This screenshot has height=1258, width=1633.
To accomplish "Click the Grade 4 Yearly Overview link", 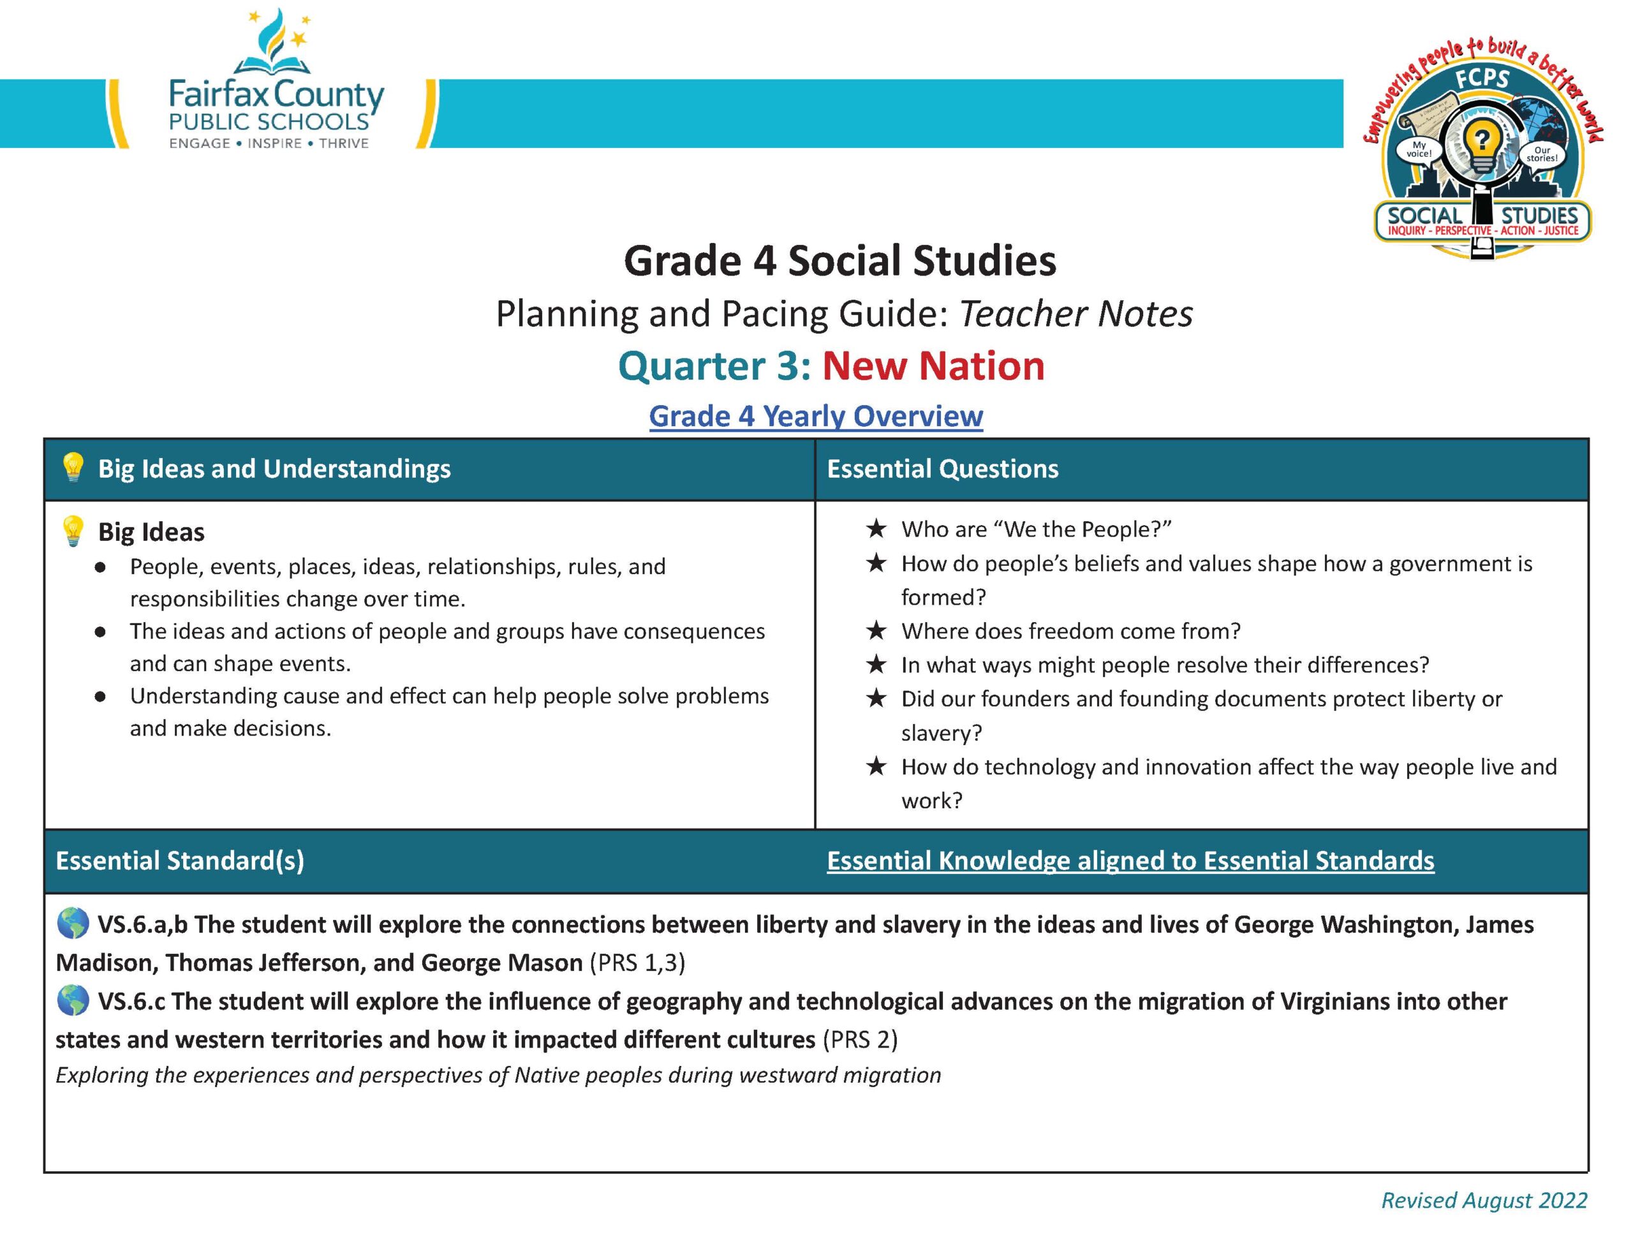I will [815, 416].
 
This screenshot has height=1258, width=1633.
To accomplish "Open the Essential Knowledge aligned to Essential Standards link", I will [1130, 860].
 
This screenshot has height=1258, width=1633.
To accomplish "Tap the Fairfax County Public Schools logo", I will [276, 82].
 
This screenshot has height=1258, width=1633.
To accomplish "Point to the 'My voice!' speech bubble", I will [1419, 149].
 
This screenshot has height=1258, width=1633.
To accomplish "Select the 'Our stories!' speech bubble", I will [1541, 154].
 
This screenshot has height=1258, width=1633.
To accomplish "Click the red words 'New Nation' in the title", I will [933, 366].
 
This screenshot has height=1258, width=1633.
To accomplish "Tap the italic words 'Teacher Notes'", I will [1075, 314].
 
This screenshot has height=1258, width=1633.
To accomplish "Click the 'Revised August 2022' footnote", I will [1484, 1201].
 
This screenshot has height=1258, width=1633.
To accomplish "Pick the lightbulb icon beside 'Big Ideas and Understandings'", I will [73, 468].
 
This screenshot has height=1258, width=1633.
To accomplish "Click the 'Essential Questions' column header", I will [942, 469].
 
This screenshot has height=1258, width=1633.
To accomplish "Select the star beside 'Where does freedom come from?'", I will [876, 630].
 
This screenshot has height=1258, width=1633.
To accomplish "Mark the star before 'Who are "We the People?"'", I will [876, 529].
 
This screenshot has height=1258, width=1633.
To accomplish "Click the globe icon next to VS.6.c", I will [73, 1001].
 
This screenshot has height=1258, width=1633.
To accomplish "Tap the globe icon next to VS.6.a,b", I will [73, 924].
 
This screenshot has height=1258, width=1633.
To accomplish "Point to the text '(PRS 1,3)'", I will [637, 963].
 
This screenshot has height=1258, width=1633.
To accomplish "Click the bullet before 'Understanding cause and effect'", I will [100, 697].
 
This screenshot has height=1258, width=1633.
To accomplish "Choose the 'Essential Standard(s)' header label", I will [179, 861].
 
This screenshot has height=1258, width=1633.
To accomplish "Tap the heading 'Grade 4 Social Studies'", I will [839, 261].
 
